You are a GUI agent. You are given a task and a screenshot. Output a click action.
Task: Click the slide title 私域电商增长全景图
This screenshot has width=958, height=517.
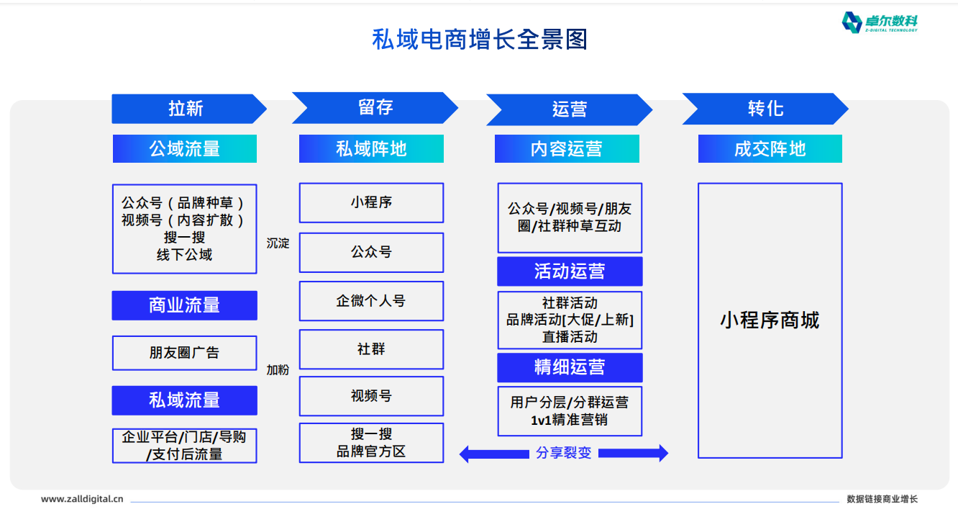pos(480,40)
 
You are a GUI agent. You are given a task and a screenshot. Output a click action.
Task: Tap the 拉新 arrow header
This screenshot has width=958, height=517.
pos(189,109)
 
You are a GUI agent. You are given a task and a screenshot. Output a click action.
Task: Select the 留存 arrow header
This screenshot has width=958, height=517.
pos(375,108)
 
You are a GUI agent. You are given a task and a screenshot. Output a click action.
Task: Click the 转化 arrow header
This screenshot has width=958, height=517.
pos(765,109)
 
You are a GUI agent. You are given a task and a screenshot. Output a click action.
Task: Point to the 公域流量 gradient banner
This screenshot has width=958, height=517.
pos(185,148)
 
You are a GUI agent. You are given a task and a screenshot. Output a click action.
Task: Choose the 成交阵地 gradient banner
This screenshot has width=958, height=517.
pos(770,148)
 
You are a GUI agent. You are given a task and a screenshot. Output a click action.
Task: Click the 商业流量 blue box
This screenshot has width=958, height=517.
pos(185,305)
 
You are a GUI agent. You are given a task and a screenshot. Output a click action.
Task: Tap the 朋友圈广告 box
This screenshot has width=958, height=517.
pos(185,353)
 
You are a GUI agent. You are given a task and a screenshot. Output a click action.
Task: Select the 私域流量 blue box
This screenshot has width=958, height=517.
pos(185,400)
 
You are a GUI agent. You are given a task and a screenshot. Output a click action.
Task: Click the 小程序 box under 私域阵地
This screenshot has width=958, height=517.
pos(371,202)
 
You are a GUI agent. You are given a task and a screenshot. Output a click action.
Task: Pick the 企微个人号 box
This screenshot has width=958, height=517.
pos(371,301)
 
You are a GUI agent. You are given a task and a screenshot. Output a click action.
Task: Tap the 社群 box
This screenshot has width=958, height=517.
pos(371,349)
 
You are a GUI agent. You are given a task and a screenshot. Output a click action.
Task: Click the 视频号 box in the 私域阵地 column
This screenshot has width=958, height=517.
pos(371,396)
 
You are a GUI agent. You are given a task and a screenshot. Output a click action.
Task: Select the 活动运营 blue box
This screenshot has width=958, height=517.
pos(570,271)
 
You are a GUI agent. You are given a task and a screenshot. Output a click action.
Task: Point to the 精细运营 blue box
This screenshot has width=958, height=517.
pos(570,367)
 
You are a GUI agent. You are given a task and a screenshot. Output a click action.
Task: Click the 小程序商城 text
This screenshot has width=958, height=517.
pos(770,320)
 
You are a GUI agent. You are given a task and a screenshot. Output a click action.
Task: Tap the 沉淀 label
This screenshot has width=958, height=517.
pos(278,243)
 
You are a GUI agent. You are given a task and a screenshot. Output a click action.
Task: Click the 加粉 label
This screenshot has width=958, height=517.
pos(278,369)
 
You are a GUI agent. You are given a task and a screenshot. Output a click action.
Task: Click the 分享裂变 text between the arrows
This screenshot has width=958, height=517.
pos(564,453)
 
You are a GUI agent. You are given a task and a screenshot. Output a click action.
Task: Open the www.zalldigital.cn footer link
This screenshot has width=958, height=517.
pos(82,499)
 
